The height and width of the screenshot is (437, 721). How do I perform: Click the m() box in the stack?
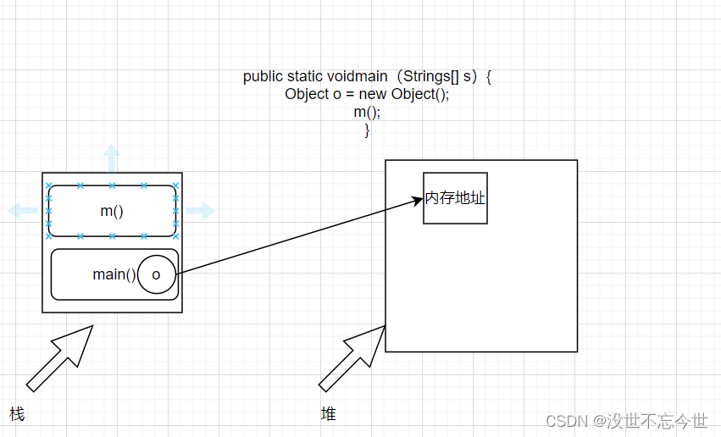pyautogui.click(x=112, y=211)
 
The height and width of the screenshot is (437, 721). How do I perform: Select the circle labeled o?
pyautogui.click(x=156, y=274)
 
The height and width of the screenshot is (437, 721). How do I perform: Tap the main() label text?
pyautogui.click(x=114, y=274)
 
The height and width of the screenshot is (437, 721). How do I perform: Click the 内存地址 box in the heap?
pyautogui.click(x=455, y=198)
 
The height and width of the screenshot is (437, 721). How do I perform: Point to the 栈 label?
pyautogui.click(x=17, y=414)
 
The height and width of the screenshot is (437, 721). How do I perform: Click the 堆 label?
pyautogui.click(x=328, y=414)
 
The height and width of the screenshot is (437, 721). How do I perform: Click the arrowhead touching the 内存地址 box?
pyautogui.click(x=417, y=200)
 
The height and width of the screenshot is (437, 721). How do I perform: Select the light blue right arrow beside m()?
pyautogui.click(x=202, y=211)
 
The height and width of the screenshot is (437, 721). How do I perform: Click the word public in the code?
pyautogui.click(x=263, y=76)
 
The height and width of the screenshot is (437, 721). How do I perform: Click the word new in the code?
pyautogui.click(x=373, y=94)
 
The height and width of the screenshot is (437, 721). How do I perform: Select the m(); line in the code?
pyautogui.click(x=367, y=112)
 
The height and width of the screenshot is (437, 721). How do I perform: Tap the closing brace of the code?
pyautogui.click(x=367, y=130)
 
